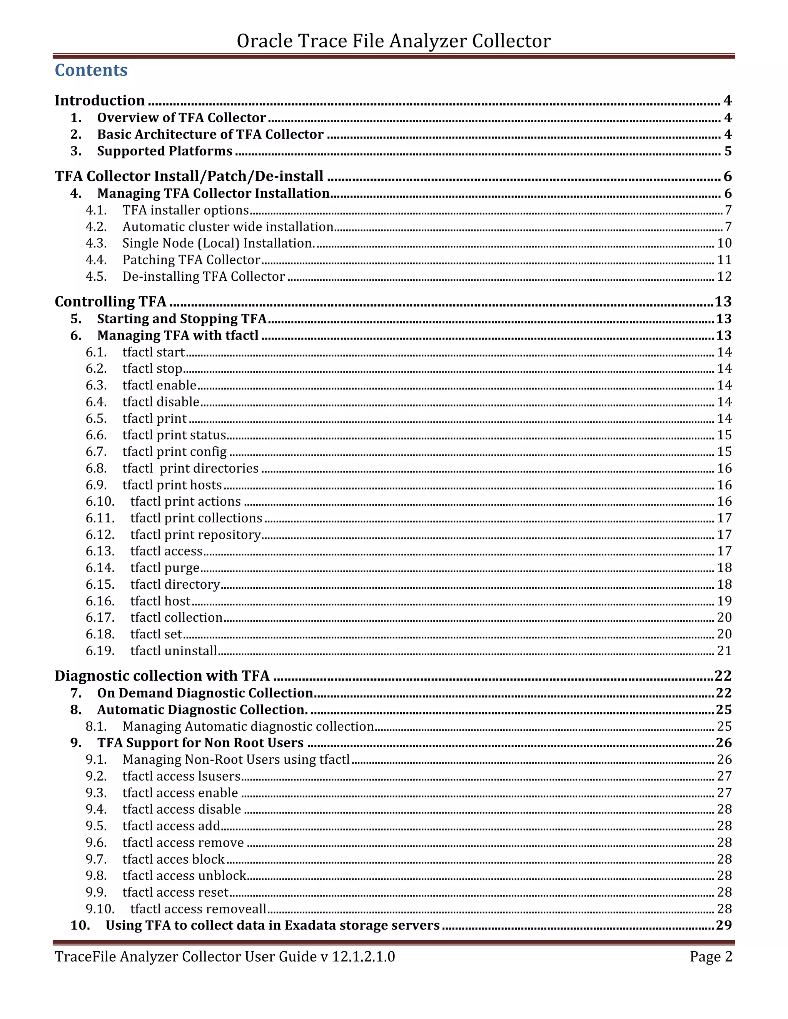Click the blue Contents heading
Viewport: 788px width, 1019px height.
click(x=91, y=70)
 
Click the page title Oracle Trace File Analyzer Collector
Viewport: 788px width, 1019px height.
click(x=394, y=41)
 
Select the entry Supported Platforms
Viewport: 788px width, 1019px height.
click(x=164, y=151)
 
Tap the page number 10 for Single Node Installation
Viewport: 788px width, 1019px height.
click(x=724, y=243)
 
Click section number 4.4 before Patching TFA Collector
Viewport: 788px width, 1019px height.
click(x=96, y=260)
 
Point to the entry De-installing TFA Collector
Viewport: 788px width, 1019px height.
click(x=203, y=277)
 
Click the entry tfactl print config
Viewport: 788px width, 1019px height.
click(x=174, y=452)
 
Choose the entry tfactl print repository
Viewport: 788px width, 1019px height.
click(x=195, y=535)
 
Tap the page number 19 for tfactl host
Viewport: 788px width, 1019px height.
click(x=724, y=601)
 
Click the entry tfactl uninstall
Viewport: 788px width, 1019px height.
click(x=173, y=651)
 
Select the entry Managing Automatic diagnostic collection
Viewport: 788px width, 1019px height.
click(x=248, y=726)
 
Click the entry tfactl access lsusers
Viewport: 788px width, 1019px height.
click(x=181, y=776)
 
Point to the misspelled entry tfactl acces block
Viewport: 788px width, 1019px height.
click(x=173, y=859)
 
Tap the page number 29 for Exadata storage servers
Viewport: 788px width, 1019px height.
click(x=724, y=925)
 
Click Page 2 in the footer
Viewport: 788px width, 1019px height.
click(x=711, y=956)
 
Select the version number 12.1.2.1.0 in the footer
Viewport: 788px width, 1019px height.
click(x=363, y=956)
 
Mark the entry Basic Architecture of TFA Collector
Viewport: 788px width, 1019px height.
click(x=210, y=134)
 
